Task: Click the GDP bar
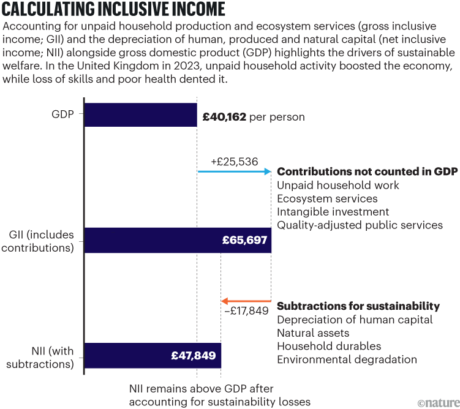[140, 115]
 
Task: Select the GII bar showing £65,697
[178, 240]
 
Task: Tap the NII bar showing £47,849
[153, 355]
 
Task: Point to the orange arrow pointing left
[246, 301]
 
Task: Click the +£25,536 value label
[234, 162]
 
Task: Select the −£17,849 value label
[245, 311]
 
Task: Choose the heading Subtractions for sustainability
[358, 306]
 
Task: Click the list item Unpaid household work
[338, 185]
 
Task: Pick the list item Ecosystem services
[327, 198]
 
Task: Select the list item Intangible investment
[333, 212]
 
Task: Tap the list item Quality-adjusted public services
[360, 225]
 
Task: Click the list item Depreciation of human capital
[355, 320]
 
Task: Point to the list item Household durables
[329, 347]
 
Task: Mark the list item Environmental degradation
[347, 360]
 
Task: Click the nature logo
[437, 402]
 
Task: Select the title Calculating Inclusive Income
[114, 10]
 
